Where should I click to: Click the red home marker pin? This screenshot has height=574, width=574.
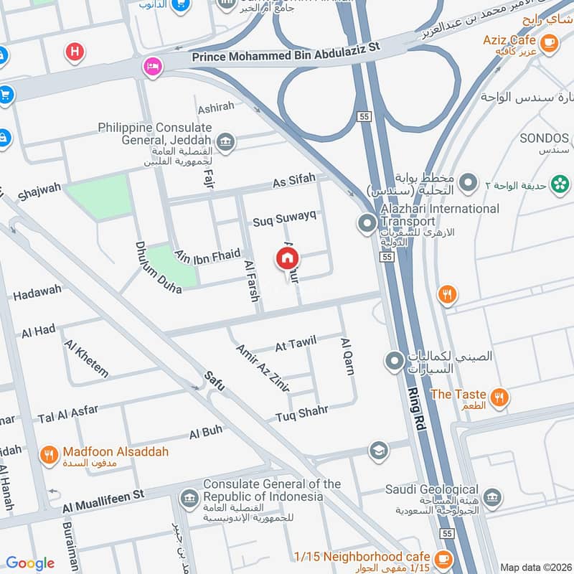click(x=288, y=258)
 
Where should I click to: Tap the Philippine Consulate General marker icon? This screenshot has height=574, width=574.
click(x=225, y=141)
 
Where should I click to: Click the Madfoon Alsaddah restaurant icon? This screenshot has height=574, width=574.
click(x=49, y=453)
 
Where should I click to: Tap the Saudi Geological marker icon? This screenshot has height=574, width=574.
click(x=492, y=497)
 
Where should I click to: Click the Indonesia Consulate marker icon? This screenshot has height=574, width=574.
click(x=189, y=497)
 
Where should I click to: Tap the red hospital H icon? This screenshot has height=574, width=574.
click(x=74, y=51)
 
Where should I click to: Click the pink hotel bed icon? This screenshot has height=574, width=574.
click(x=152, y=66)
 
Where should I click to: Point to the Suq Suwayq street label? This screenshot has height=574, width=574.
click(x=285, y=220)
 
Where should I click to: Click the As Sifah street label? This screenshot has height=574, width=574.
click(x=293, y=183)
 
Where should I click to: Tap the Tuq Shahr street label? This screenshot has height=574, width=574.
click(x=301, y=414)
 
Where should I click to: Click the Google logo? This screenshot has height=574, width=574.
click(x=30, y=563)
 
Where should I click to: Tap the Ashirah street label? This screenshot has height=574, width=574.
click(x=216, y=106)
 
